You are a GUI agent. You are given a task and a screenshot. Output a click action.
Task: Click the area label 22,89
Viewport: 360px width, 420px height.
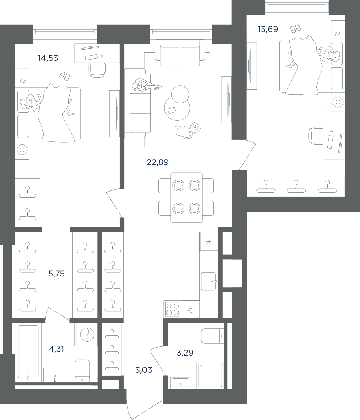coord(158,162)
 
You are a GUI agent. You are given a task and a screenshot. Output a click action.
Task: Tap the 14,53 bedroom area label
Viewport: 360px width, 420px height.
coord(48,58)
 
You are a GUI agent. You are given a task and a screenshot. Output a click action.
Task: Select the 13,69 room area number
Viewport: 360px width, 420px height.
coord(268,29)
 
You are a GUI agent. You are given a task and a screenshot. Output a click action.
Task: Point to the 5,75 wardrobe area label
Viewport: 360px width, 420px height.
coord(56,274)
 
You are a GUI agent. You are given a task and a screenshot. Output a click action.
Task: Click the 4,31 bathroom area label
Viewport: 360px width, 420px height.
coord(56,349)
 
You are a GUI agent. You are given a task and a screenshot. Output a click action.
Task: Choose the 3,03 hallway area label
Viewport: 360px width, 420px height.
coord(144,370)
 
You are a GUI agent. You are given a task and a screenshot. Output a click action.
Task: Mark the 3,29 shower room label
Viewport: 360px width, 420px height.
coord(185,353)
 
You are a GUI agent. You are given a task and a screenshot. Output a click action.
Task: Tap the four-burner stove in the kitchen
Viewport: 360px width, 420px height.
coord(173,309)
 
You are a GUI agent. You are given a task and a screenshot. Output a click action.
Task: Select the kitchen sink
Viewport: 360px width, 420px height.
coord(208,281)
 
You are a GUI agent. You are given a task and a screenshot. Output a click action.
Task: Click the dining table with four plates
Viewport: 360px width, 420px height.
coord(187,198)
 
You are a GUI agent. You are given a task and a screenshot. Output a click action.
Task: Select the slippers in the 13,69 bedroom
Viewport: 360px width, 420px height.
coord(296,28)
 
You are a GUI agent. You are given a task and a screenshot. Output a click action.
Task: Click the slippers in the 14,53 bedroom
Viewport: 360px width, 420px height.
coord(64,76)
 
